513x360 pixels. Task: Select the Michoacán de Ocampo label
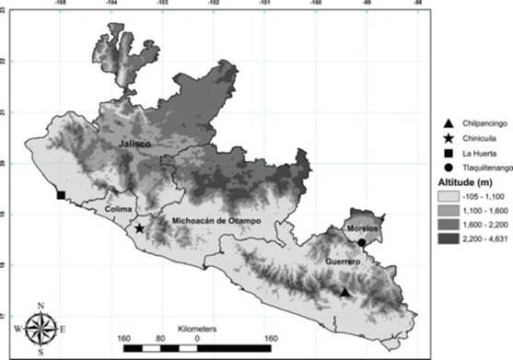click(x=209, y=222)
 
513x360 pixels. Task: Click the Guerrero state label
click(x=340, y=261)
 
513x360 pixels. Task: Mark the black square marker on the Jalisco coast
click(x=61, y=195)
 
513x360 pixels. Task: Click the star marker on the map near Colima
click(x=140, y=228)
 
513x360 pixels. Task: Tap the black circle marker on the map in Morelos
click(x=362, y=242)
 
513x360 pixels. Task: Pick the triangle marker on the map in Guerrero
click(x=344, y=292)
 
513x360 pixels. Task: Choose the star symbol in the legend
click(x=421, y=138)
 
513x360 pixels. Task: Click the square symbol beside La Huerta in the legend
click(x=421, y=153)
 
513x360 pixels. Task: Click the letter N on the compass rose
click(x=41, y=306)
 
